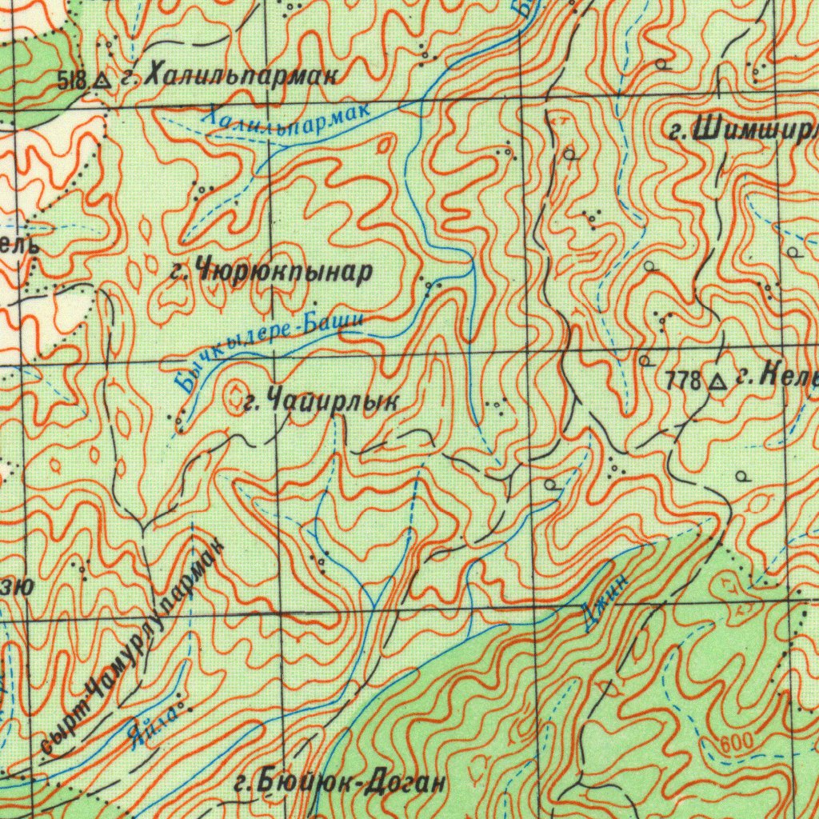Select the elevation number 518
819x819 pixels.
(73, 78)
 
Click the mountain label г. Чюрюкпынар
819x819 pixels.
(272, 273)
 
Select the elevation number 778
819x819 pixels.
(684, 382)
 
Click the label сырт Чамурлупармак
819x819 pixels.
(132, 652)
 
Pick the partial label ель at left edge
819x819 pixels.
(18, 245)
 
